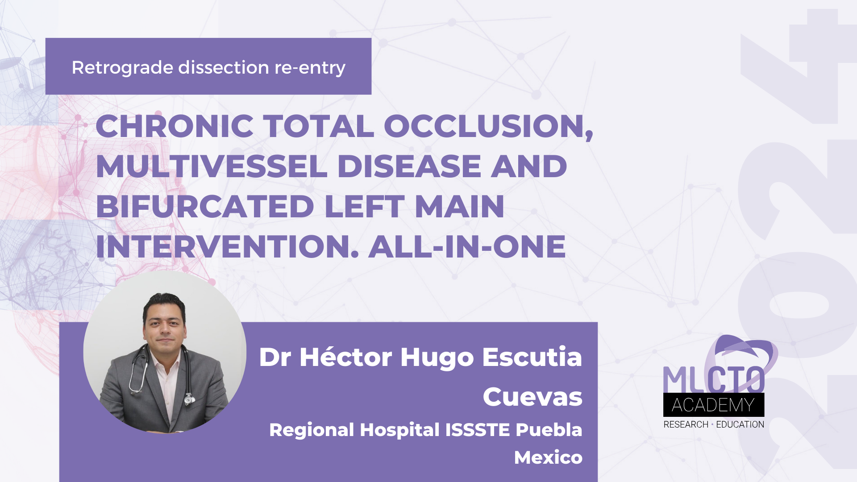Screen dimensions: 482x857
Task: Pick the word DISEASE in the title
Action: [409, 166]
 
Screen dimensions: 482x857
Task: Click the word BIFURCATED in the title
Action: [205, 207]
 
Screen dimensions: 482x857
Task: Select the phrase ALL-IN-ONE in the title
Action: [467, 247]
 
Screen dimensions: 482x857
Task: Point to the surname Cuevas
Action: [532, 397]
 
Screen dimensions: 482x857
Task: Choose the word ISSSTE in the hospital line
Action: [478, 430]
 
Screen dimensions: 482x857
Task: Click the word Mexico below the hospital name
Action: [548, 457]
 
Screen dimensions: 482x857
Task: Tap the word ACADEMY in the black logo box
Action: [713, 405]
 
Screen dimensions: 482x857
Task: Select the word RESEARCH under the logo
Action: [686, 424]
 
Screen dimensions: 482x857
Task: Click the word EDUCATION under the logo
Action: [740, 424]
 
